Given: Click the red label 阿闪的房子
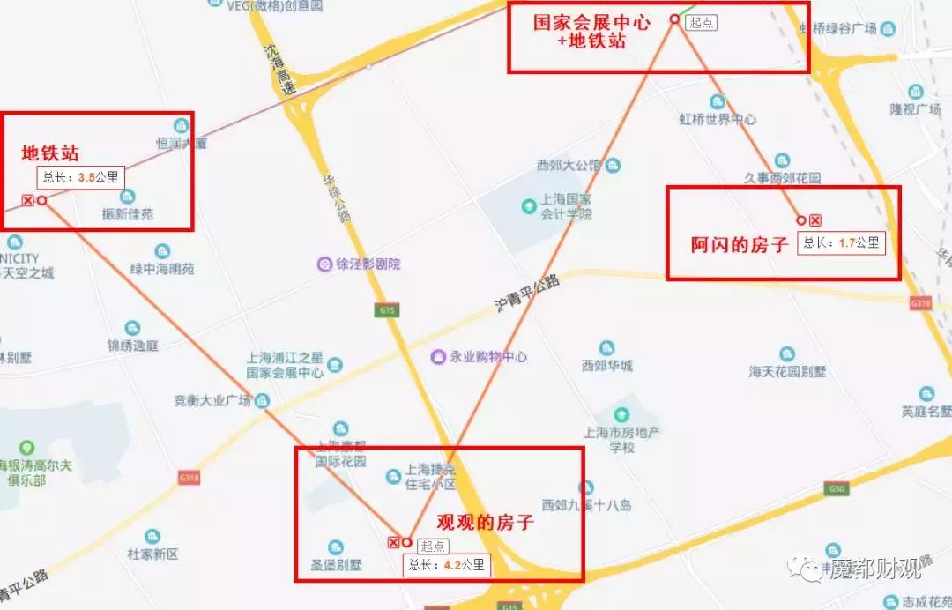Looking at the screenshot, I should (x=739, y=245).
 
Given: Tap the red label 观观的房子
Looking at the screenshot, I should (x=486, y=522).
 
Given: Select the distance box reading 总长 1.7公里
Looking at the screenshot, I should (x=841, y=243).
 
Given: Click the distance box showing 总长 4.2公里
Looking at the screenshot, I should (x=446, y=565).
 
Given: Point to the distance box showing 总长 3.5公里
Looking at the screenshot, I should (x=80, y=176).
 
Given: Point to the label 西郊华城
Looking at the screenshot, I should (x=607, y=365).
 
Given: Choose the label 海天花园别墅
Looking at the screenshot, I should (x=788, y=371).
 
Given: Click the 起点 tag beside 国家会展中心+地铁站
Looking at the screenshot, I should (x=703, y=23).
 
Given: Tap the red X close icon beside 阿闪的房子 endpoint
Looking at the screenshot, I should (x=815, y=219).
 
